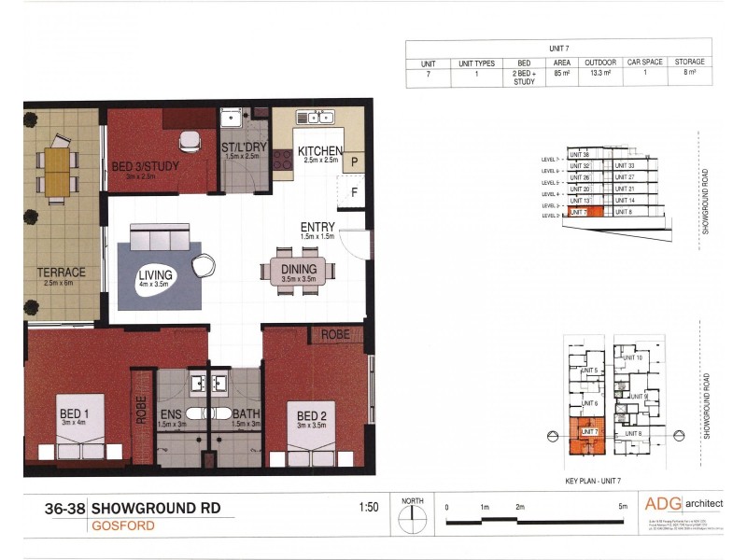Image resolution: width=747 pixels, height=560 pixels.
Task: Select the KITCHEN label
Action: tap(320, 152)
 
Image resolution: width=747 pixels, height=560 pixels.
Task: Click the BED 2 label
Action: tap(312, 415)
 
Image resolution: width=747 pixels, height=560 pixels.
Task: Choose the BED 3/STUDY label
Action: tap(145, 166)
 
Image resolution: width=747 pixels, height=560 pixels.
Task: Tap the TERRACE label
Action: tap(62, 273)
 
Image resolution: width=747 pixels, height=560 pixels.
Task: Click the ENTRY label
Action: tap(317, 227)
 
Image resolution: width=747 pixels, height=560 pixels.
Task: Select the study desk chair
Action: tap(190, 141)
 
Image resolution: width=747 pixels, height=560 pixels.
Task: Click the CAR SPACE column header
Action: tap(644, 62)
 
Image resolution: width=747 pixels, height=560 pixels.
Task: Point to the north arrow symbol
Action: tap(412, 517)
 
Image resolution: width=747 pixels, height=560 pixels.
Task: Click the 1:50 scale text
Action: tap(368, 509)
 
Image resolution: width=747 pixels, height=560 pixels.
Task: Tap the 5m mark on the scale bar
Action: tap(621, 507)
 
